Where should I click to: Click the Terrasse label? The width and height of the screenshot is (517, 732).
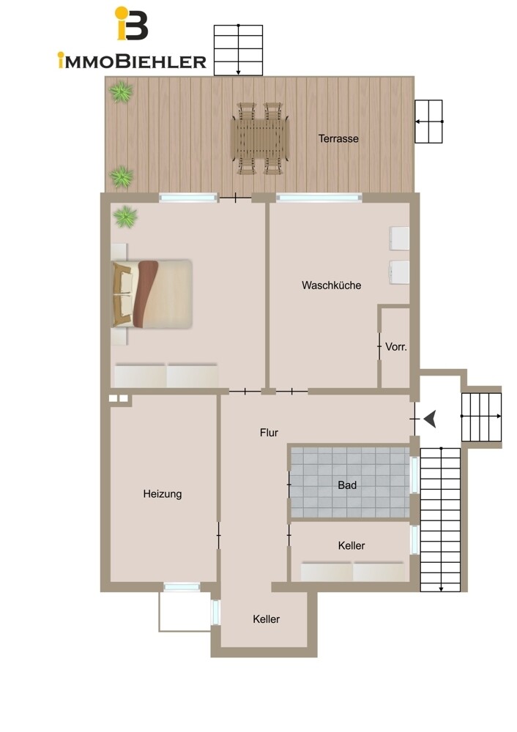[338, 138]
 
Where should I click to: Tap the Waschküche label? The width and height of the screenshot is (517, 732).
[331, 285]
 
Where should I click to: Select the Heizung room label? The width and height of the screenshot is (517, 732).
[162, 494]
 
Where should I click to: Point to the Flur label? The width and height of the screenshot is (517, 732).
[269, 433]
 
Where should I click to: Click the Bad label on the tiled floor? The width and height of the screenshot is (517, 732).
[347, 485]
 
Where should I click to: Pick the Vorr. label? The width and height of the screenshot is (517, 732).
[396, 347]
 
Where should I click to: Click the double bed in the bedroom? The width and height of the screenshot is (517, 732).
[152, 294]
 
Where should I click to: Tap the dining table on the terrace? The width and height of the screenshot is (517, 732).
[261, 138]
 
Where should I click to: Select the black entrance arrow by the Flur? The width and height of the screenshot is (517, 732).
[430, 419]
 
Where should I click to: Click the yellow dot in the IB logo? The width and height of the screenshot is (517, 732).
[122, 12]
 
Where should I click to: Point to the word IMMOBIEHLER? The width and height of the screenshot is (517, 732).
[132, 61]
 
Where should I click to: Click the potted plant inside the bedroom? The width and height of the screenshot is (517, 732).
[125, 217]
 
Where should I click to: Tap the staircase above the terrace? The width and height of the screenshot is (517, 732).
[238, 50]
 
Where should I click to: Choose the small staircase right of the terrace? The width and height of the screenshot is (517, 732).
[428, 122]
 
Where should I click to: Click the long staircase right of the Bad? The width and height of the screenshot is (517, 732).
[440, 520]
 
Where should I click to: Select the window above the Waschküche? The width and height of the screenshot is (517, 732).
[319, 198]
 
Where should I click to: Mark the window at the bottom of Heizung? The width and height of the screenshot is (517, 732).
[182, 587]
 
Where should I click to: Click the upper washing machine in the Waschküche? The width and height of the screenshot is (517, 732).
[399, 239]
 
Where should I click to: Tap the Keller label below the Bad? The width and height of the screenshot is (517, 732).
[352, 545]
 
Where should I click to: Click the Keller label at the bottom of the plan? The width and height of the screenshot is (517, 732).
[267, 619]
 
